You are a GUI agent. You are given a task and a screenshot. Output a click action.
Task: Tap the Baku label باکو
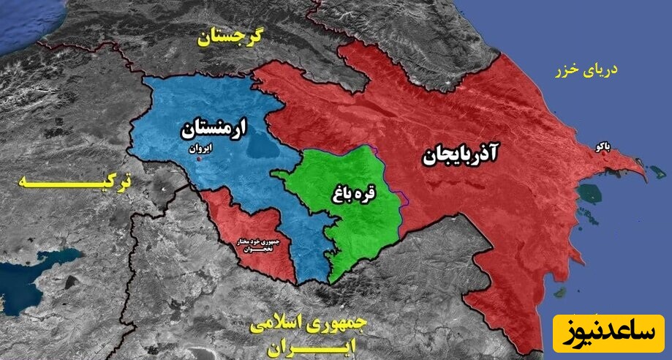[x=603, y=147]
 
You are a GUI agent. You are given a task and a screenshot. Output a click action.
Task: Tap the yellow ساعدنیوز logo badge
[x=608, y=334]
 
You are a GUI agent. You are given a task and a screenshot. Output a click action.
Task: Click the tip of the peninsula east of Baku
[x=644, y=175]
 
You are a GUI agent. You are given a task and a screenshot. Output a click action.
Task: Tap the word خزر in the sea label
[x=566, y=71]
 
